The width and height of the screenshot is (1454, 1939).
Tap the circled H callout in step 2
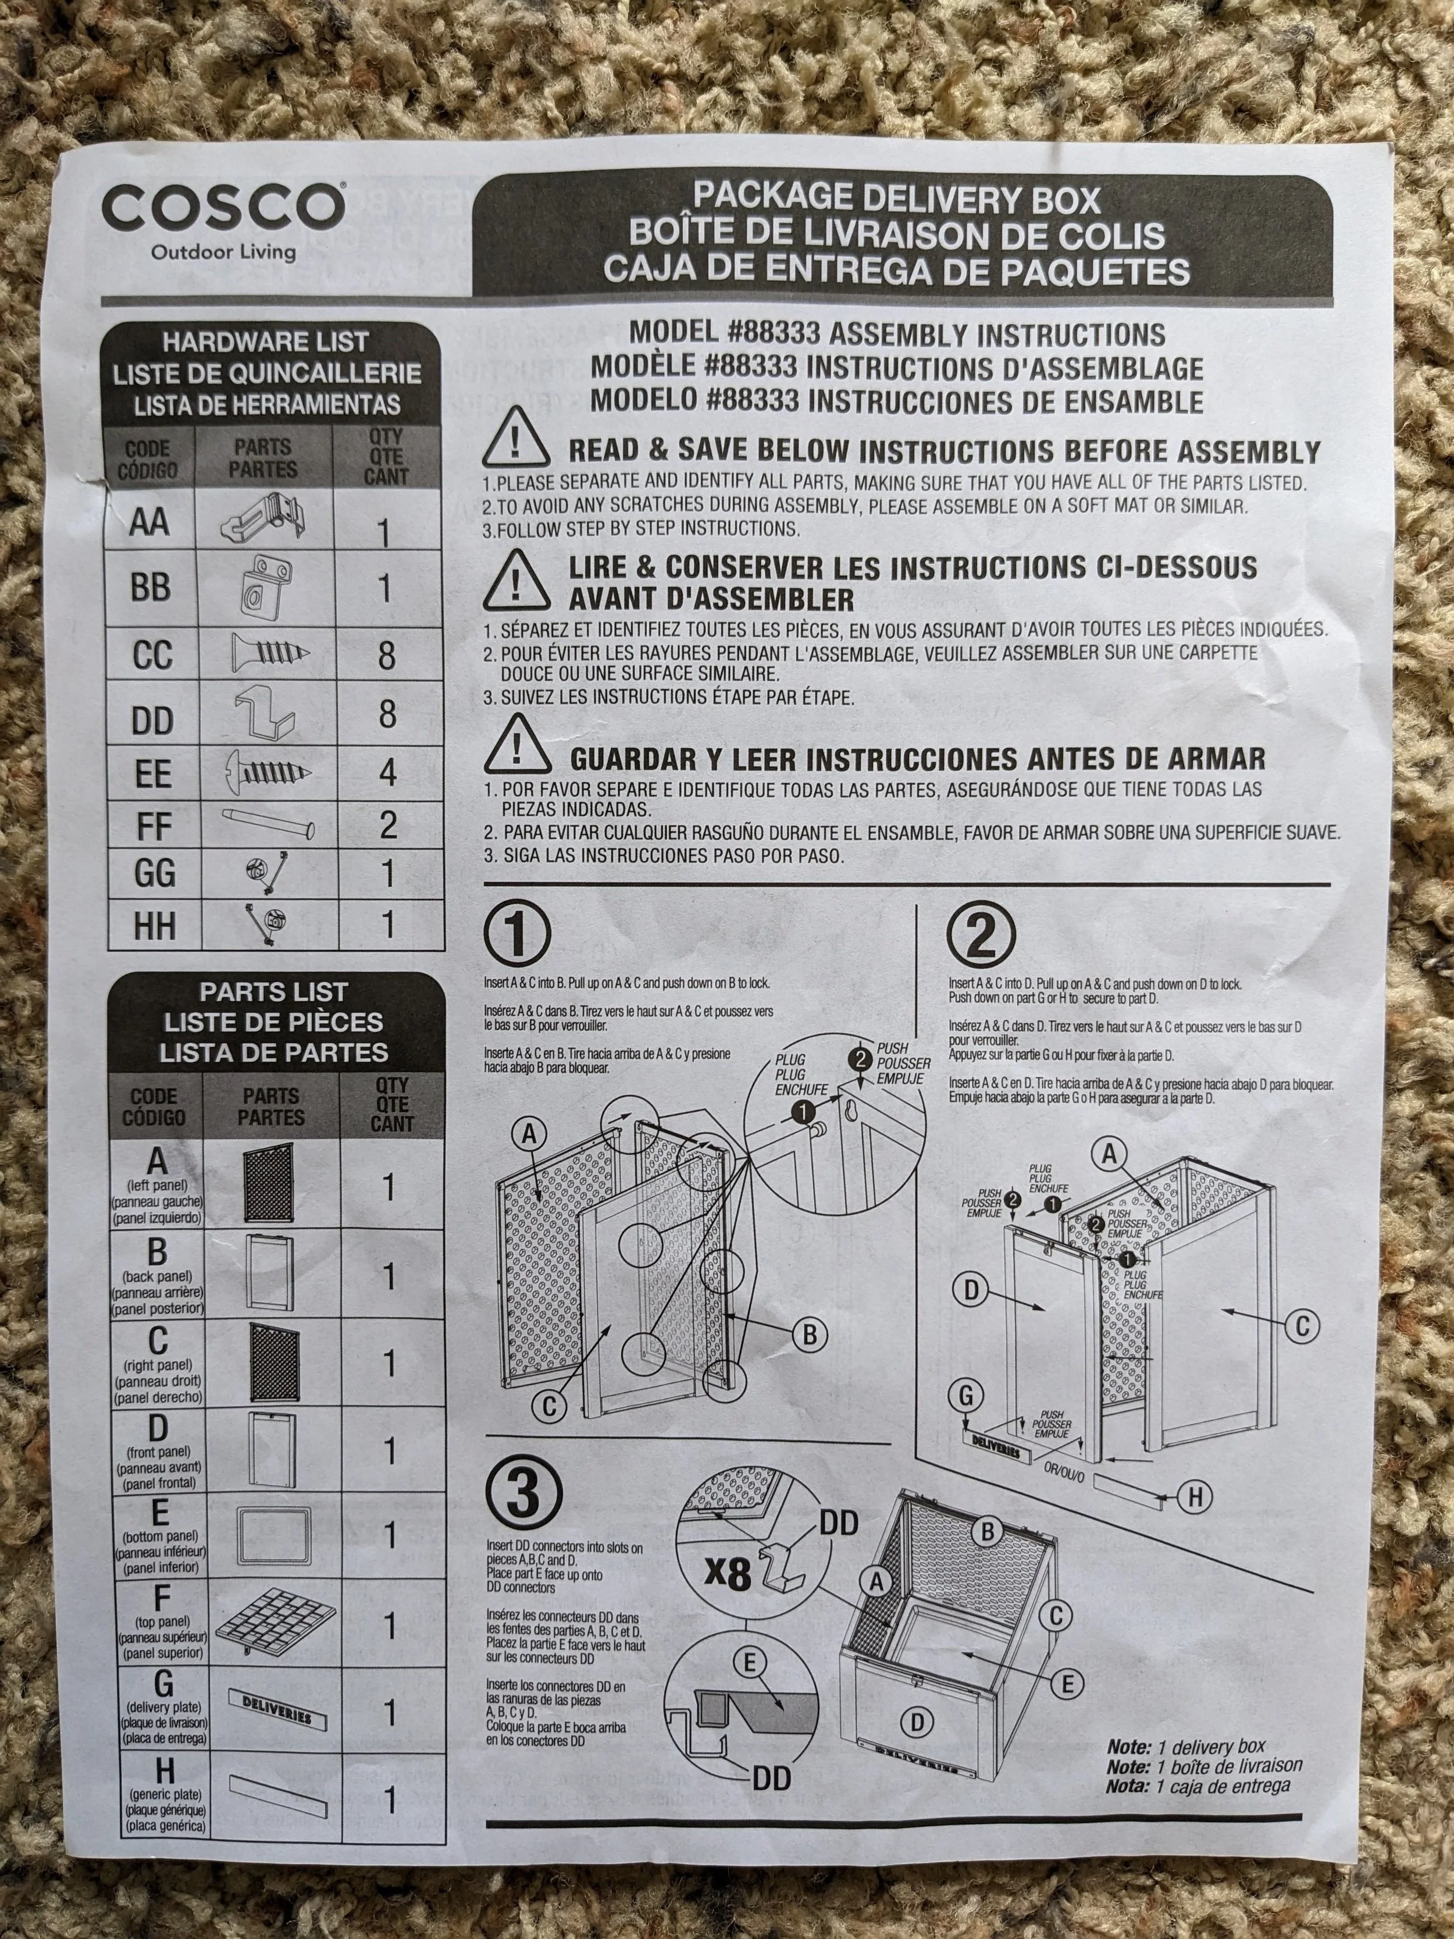click(1193, 1498)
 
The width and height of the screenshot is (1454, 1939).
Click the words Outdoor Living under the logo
click(223, 252)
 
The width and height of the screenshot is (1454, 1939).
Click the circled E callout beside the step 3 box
click(1067, 1683)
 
